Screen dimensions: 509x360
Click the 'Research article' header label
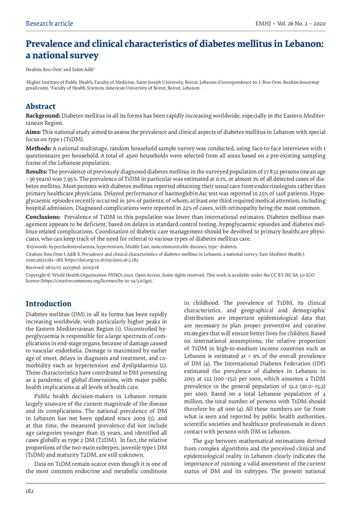(49, 23)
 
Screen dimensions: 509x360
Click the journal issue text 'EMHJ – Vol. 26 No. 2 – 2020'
(290, 23)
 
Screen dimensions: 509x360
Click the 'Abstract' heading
(41, 106)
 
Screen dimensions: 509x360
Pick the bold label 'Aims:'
(35, 131)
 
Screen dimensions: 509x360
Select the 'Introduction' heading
(48, 304)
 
